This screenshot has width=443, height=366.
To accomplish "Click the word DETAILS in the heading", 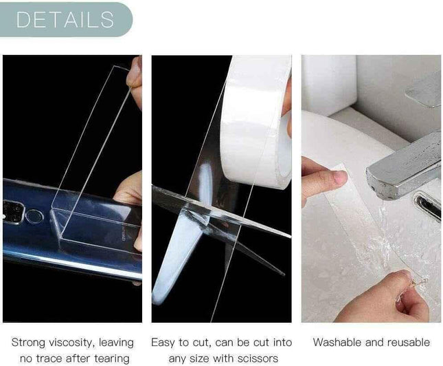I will pyautogui.click(x=65, y=19).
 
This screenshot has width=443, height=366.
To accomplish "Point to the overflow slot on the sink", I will pyautogui.click(x=427, y=206).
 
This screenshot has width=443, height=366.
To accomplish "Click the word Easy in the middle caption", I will pyautogui.click(x=164, y=343).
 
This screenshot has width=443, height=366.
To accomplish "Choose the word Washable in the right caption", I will pyautogui.click(x=336, y=343).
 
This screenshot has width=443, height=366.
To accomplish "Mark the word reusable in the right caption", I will pyautogui.click(x=407, y=343).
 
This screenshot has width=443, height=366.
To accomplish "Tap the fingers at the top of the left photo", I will pyautogui.click(x=135, y=79).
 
